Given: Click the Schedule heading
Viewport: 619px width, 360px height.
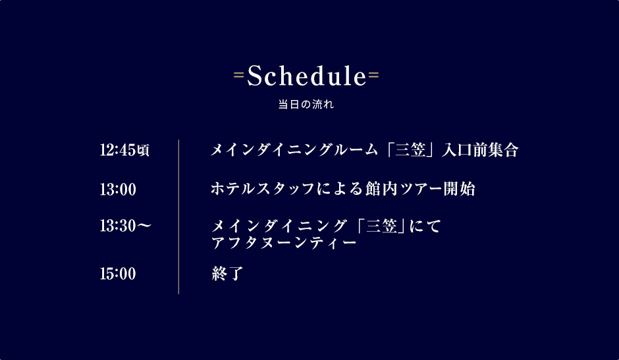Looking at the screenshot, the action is tap(307, 76).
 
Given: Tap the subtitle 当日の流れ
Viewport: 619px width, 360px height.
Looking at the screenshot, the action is tap(306, 104).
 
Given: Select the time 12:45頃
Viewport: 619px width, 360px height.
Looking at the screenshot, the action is tap(124, 150).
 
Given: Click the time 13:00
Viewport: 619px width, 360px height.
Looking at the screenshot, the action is tap(118, 189).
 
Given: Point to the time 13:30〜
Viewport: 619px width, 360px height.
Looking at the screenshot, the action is tap(126, 226).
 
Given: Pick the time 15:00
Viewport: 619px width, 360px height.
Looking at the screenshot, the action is tap(118, 274).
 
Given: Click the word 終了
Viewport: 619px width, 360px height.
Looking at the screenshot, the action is tap(227, 273).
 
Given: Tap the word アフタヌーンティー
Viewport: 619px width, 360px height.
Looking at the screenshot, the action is tap(284, 242).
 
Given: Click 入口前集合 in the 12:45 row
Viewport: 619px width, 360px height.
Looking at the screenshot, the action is tap(480, 150).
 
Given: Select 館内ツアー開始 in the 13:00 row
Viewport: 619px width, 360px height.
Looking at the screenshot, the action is tap(419, 189).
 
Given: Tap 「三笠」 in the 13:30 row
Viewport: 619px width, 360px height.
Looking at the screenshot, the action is tap(381, 226).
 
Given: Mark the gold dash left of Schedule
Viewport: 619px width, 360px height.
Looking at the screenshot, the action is tap(239, 74).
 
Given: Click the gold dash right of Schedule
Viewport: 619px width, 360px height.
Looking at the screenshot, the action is tap(373, 74).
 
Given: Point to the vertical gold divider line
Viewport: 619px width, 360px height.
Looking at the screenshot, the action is tap(179, 217).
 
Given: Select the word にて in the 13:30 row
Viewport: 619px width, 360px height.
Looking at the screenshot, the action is tap(425, 226).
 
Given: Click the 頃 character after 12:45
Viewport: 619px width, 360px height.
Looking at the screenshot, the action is tap(143, 151).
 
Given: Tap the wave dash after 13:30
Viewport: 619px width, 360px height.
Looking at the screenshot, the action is tap(144, 226).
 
